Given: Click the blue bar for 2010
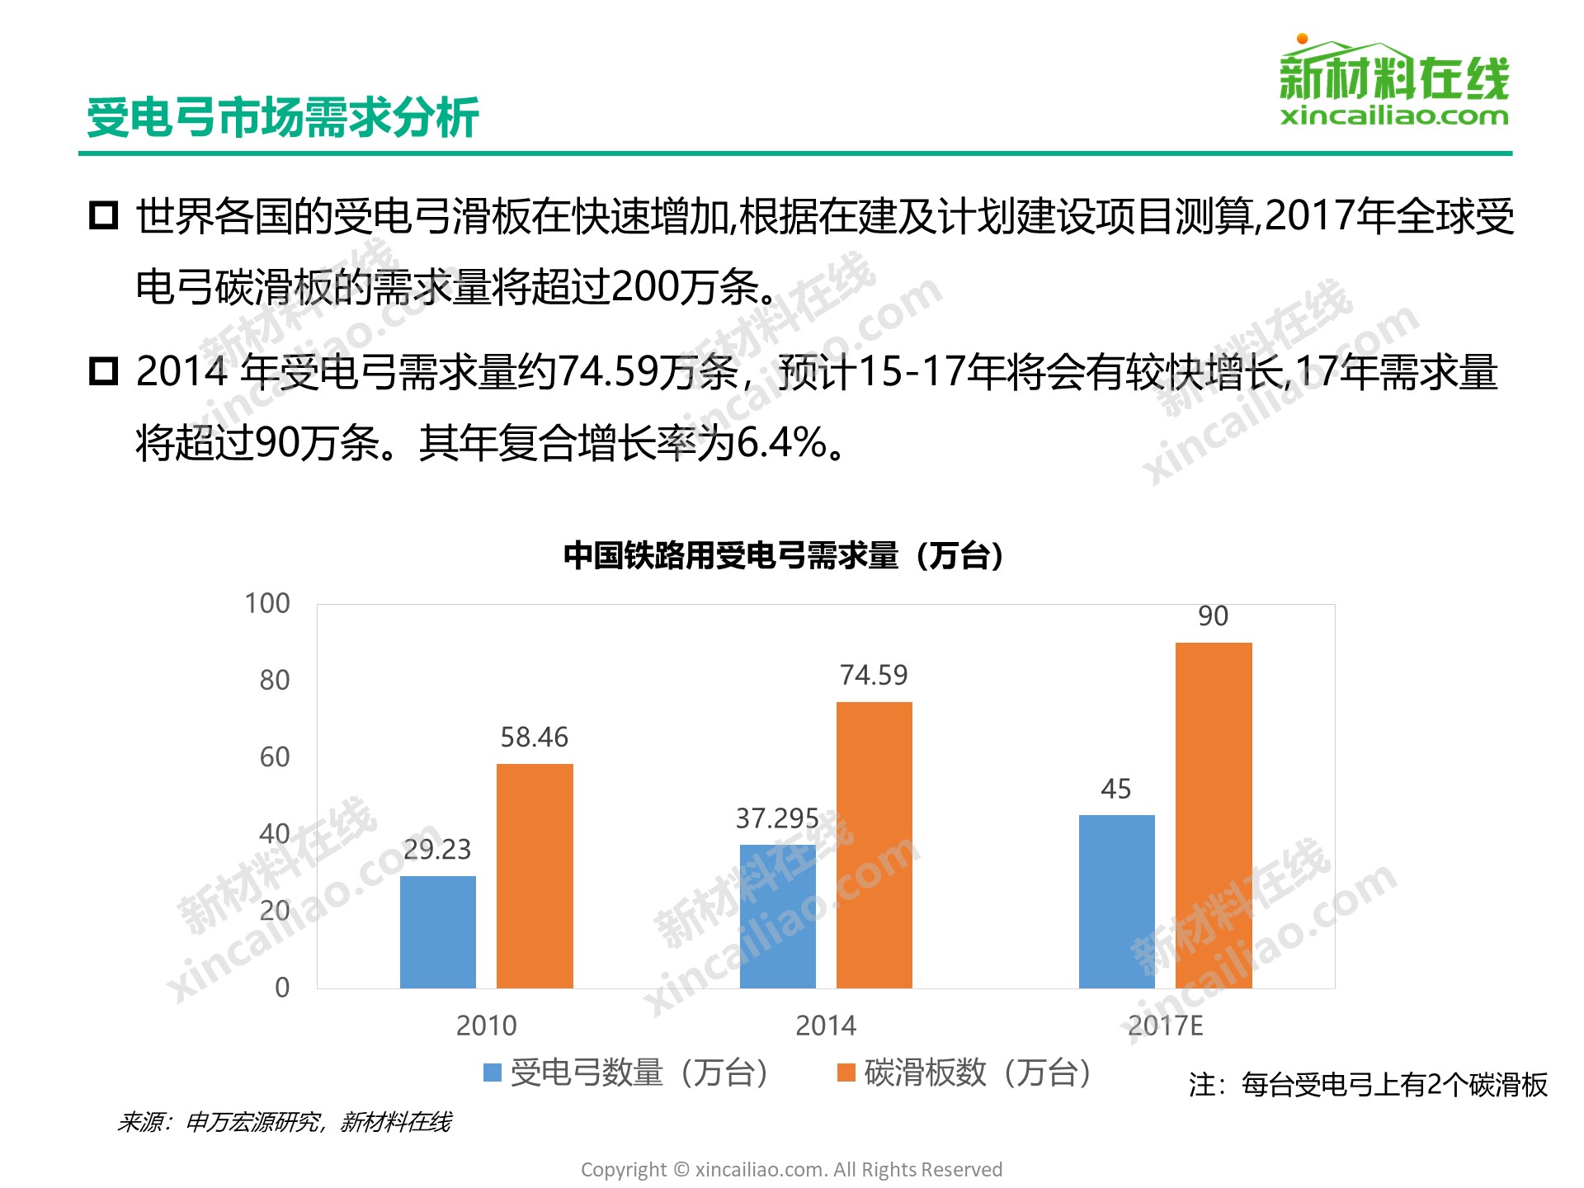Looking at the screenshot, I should click(437, 931).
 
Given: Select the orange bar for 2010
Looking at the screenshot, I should click(535, 875).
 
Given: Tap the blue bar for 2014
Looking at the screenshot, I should click(777, 916).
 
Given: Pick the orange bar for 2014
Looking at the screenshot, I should click(874, 845).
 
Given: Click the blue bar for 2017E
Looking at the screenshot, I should click(1116, 901).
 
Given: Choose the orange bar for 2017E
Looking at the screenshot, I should click(1213, 815).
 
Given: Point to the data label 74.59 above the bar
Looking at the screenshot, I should click(874, 676).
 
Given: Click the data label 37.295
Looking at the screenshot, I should click(777, 818).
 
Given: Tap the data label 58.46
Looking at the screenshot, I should click(535, 738).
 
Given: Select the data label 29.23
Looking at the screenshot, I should click(437, 849).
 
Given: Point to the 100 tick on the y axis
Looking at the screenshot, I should click(267, 604).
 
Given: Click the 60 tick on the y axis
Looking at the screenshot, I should click(275, 757).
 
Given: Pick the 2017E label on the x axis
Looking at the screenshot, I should click(1165, 1025).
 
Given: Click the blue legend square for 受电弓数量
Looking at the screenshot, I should click(493, 1072).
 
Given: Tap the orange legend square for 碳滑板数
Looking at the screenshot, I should click(846, 1072).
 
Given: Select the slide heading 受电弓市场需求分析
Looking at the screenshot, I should click(283, 117).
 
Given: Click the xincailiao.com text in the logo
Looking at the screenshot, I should click(1394, 116).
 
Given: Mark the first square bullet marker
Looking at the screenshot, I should click(104, 215).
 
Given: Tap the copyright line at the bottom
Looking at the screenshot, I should click(791, 1169).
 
